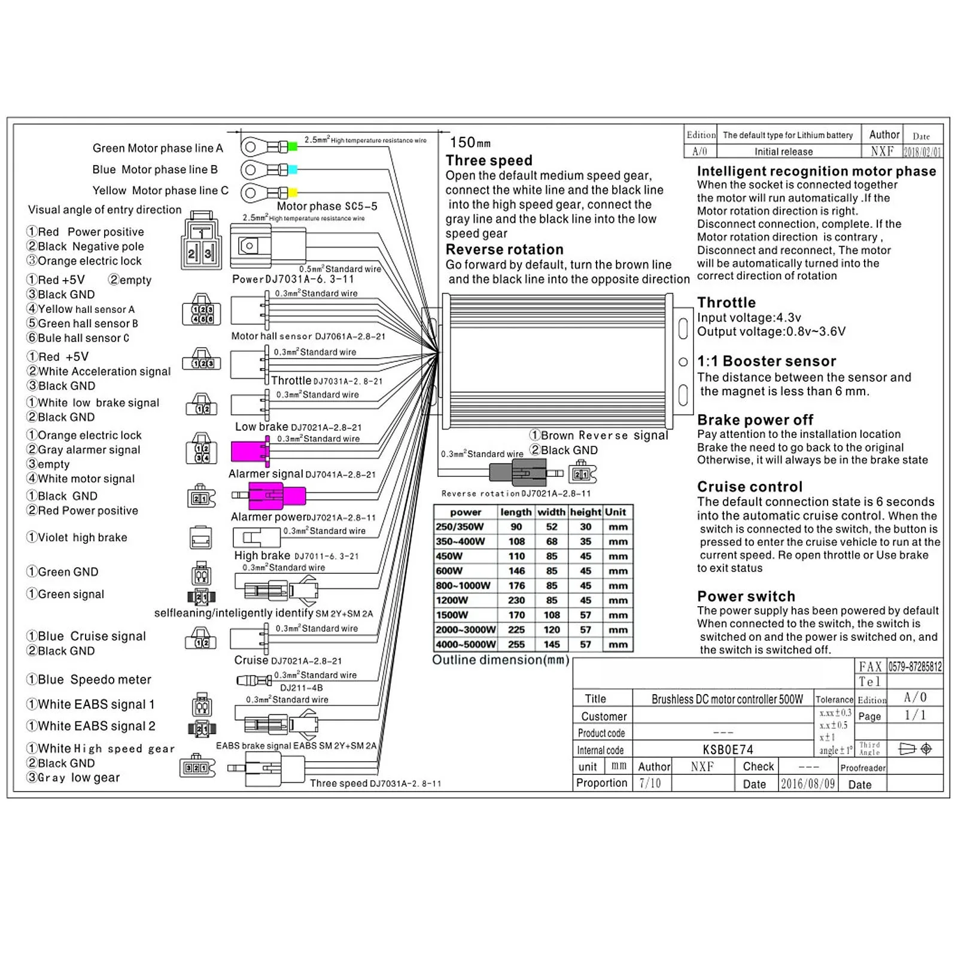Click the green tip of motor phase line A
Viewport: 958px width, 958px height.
point(293,147)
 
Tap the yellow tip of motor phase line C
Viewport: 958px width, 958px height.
point(293,193)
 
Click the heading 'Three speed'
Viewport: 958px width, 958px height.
point(489,160)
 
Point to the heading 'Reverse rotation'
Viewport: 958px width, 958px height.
point(504,250)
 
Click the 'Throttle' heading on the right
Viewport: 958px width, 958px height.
point(726,302)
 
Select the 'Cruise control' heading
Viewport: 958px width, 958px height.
point(750,486)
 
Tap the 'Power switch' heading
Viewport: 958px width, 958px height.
point(746,596)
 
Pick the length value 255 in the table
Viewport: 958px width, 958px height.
point(516,644)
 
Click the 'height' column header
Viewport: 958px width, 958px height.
point(585,512)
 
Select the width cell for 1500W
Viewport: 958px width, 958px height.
point(552,615)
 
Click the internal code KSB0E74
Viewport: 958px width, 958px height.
point(728,750)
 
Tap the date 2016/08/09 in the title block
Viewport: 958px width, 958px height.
point(807,784)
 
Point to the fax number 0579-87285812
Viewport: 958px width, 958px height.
point(915,667)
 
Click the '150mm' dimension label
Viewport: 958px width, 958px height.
point(470,142)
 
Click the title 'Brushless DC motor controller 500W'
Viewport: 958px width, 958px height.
point(727,699)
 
